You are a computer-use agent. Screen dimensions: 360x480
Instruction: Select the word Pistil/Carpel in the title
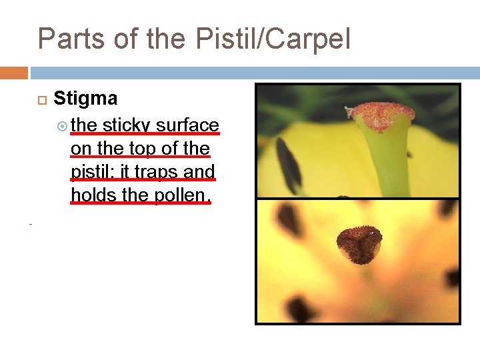[273, 40]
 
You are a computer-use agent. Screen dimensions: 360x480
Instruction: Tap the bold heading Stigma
[85, 99]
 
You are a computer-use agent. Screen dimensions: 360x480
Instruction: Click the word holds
[91, 195]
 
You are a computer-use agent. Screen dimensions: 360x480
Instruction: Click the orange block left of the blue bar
[13, 73]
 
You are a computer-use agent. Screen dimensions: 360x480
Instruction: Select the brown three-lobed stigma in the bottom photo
[359, 243]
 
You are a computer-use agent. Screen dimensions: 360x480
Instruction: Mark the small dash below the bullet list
[31, 225]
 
